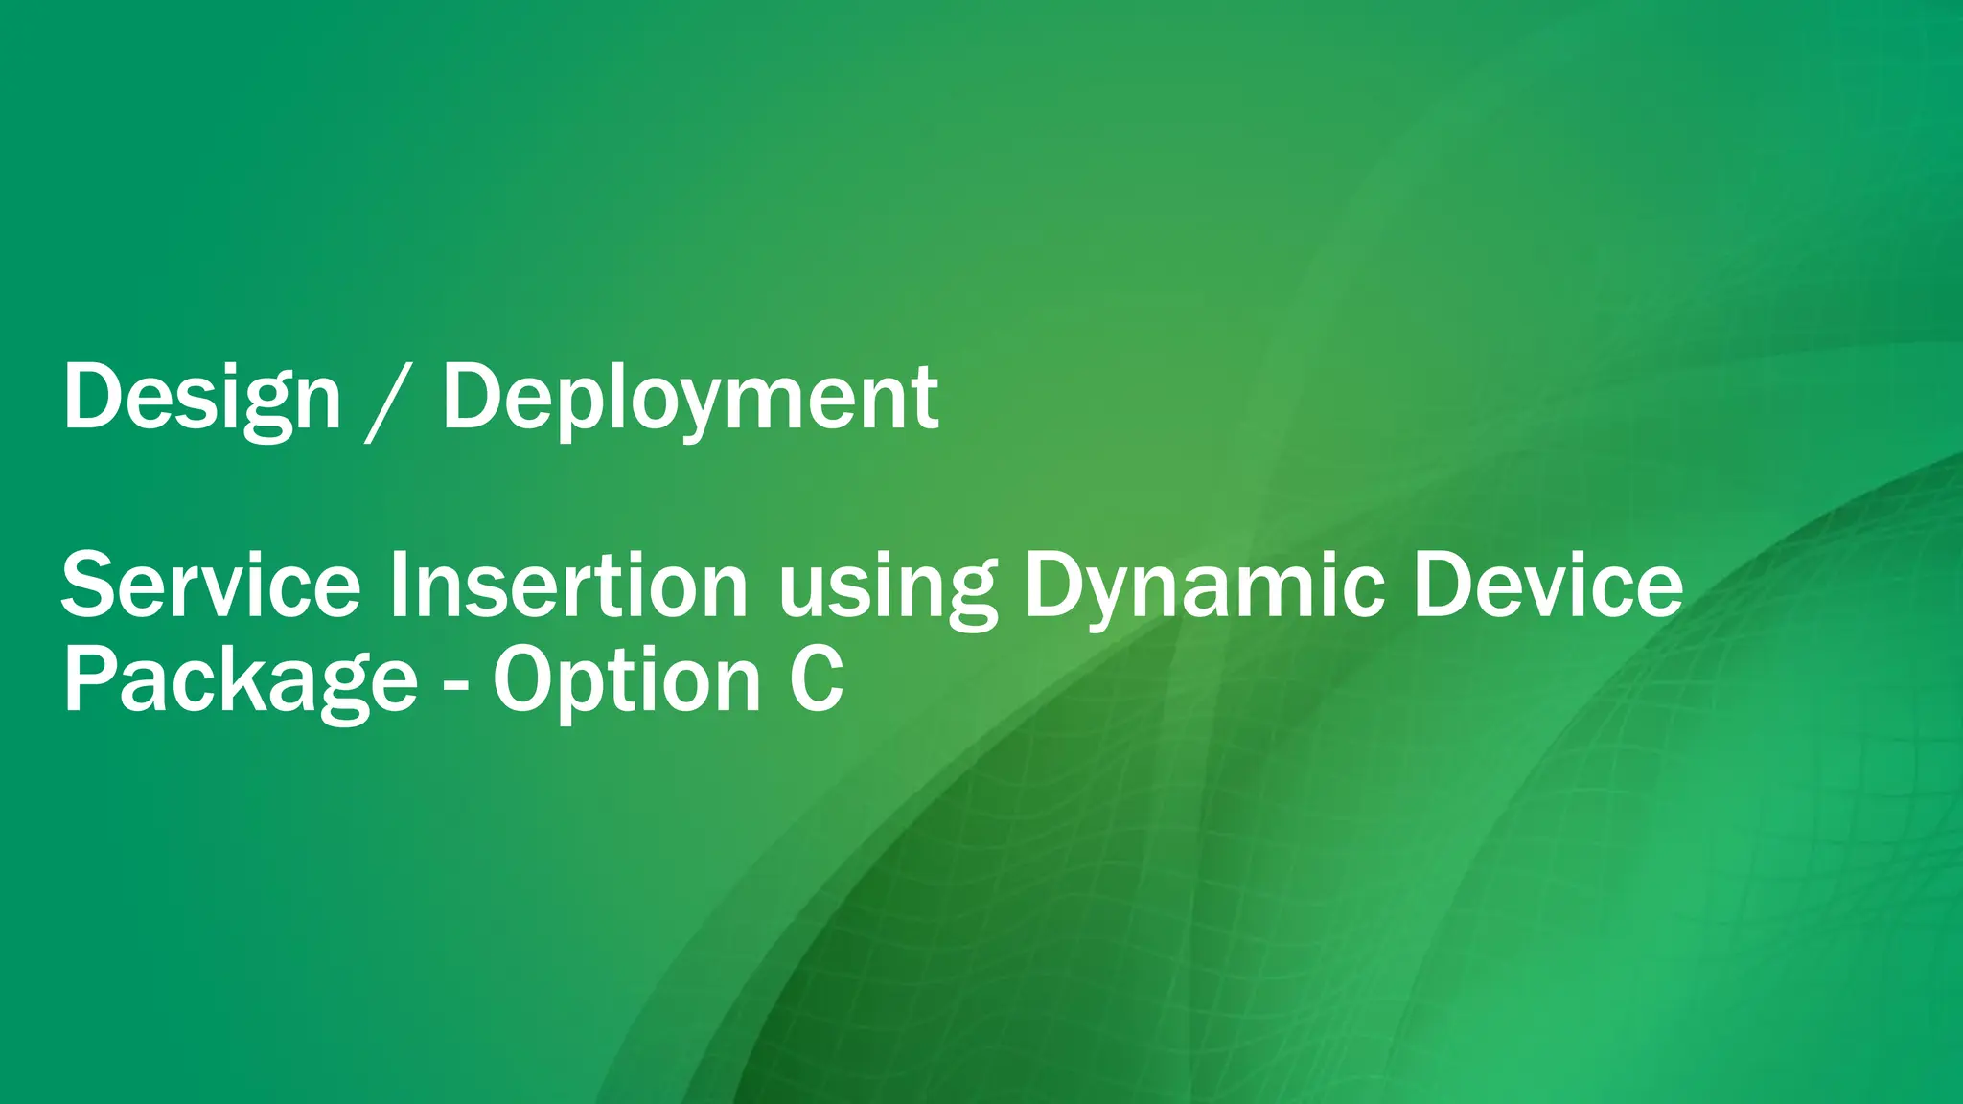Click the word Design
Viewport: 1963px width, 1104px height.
(x=201, y=397)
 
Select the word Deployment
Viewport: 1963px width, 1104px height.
(x=690, y=397)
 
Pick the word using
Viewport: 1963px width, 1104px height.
(x=888, y=588)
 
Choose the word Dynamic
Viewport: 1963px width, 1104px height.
(x=1204, y=586)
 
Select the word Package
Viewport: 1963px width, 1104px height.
(x=240, y=680)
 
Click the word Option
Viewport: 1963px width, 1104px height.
(x=627, y=680)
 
